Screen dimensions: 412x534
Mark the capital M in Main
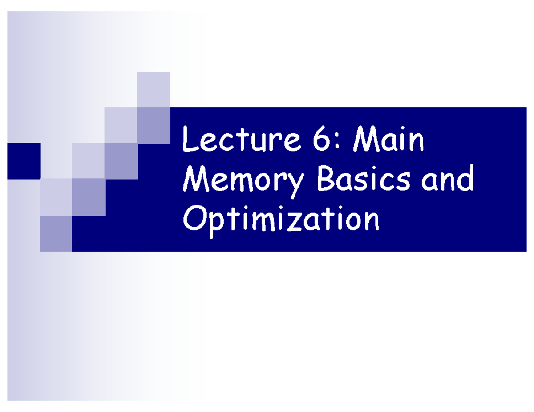coord(364,140)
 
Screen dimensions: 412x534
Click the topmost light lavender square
coord(154,89)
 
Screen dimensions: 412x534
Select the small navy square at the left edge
coord(24,161)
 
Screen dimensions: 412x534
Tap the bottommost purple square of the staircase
coord(56,233)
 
